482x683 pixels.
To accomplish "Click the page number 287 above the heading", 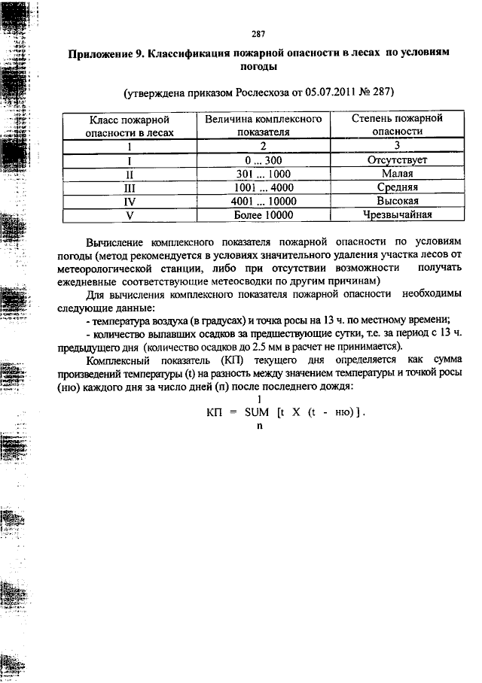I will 258,34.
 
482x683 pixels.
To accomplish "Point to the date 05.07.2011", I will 333,93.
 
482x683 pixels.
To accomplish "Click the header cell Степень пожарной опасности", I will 397,125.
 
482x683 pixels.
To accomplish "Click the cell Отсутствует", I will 397,160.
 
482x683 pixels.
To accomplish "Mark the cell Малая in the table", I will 397,174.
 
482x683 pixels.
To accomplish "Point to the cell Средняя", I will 397,187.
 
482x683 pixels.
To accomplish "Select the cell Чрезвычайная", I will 397,215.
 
